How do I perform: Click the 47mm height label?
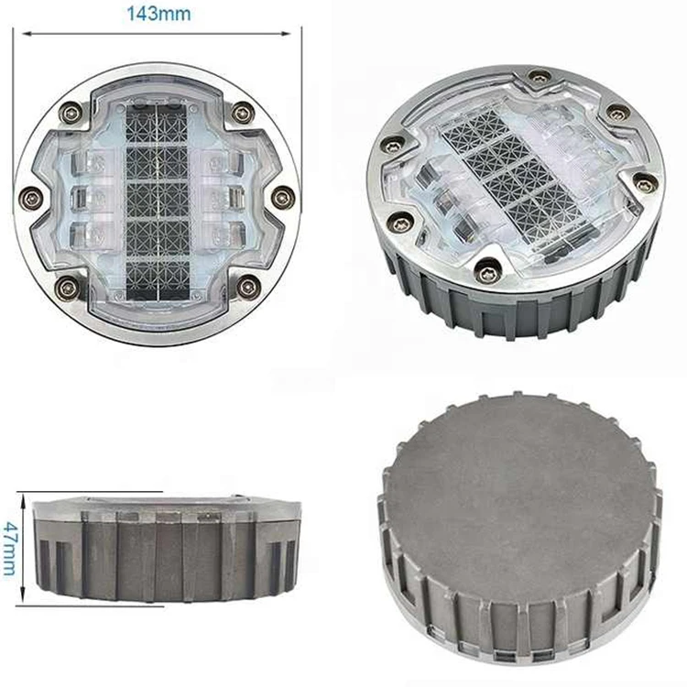[x=9, y=547]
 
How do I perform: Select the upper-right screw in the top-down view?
[x=242, y=113]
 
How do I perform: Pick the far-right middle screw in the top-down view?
[x=283, y=194]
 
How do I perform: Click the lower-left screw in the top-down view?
[x=67, y=288]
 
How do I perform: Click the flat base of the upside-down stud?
[x=522, y=476]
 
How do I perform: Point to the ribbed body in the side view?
[x=165, y=559]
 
